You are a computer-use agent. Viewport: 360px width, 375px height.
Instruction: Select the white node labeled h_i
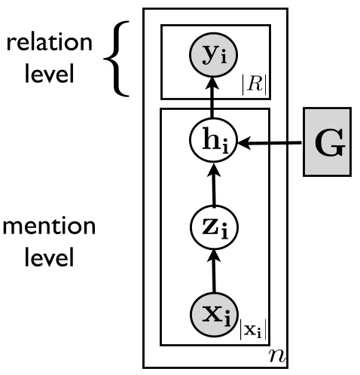click(x=215, y=142)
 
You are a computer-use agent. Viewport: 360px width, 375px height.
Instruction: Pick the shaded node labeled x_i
click(x=215, y=312)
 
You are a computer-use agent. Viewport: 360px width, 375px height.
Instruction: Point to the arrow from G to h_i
click(x=271, y=142)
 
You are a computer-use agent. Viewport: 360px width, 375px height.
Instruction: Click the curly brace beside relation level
click(x=125, y=60)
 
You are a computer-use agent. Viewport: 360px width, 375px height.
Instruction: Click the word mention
click(x=47, y=226)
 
